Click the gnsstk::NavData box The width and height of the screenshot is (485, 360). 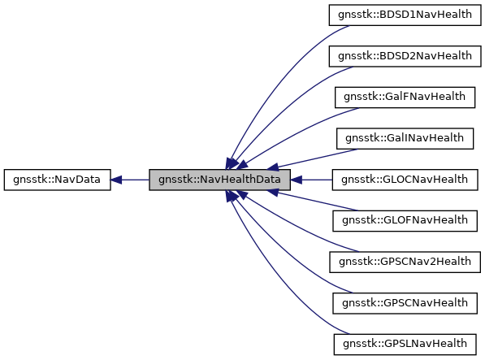(x=57, y=179)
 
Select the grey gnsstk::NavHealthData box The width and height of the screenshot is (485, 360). (x=219, y=179)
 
